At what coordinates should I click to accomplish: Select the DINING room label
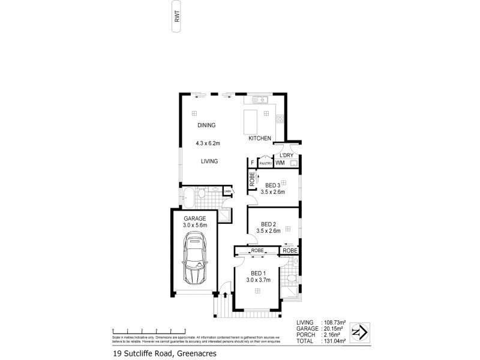pos(206,125)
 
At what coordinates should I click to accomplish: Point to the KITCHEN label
pos(260,139)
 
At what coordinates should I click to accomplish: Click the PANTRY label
pos(266,163)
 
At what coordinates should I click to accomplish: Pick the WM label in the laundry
pos(280,163)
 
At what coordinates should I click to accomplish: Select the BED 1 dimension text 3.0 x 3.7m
pos(259,279)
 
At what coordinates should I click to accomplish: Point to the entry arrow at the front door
pos(226,295)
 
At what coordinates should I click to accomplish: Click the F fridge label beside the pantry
pos(253,163)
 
